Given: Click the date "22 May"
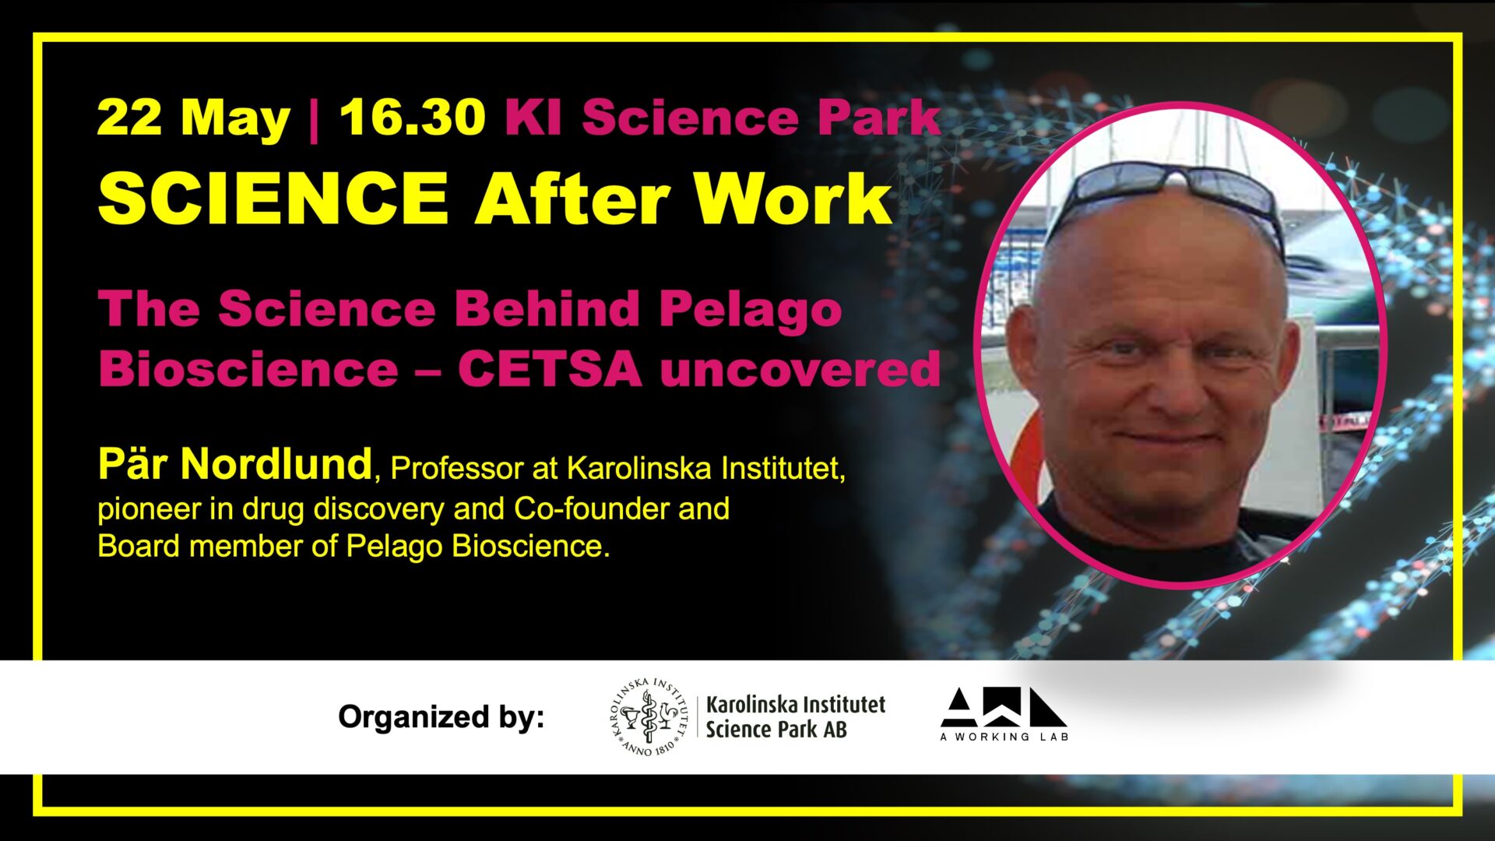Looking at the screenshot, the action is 193,119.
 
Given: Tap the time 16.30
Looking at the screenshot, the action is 413,118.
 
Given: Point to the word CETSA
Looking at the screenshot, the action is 550,368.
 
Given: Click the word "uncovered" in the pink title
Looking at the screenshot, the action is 800,368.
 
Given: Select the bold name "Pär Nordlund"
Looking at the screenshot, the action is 235,464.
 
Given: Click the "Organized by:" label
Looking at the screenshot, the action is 441,716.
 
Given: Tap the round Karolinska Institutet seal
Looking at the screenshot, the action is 649,716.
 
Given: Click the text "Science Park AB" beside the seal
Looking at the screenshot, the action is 776,730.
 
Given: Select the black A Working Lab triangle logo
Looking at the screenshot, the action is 1004,708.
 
